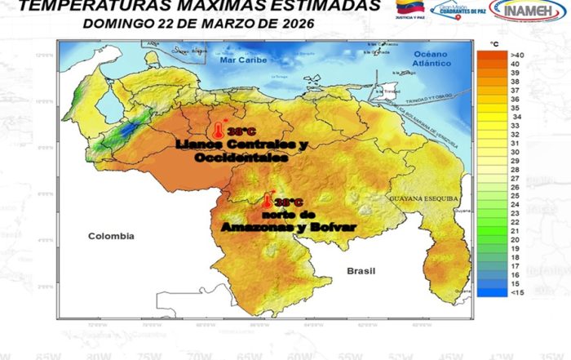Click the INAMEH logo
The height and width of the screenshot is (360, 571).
coord(528,11)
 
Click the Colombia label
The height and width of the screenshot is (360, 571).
coord(110,235)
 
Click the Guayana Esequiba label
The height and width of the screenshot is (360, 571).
coord(425,198)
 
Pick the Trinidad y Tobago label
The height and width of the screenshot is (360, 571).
coord(428,96)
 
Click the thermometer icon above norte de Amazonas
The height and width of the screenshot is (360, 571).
coord(267,199)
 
